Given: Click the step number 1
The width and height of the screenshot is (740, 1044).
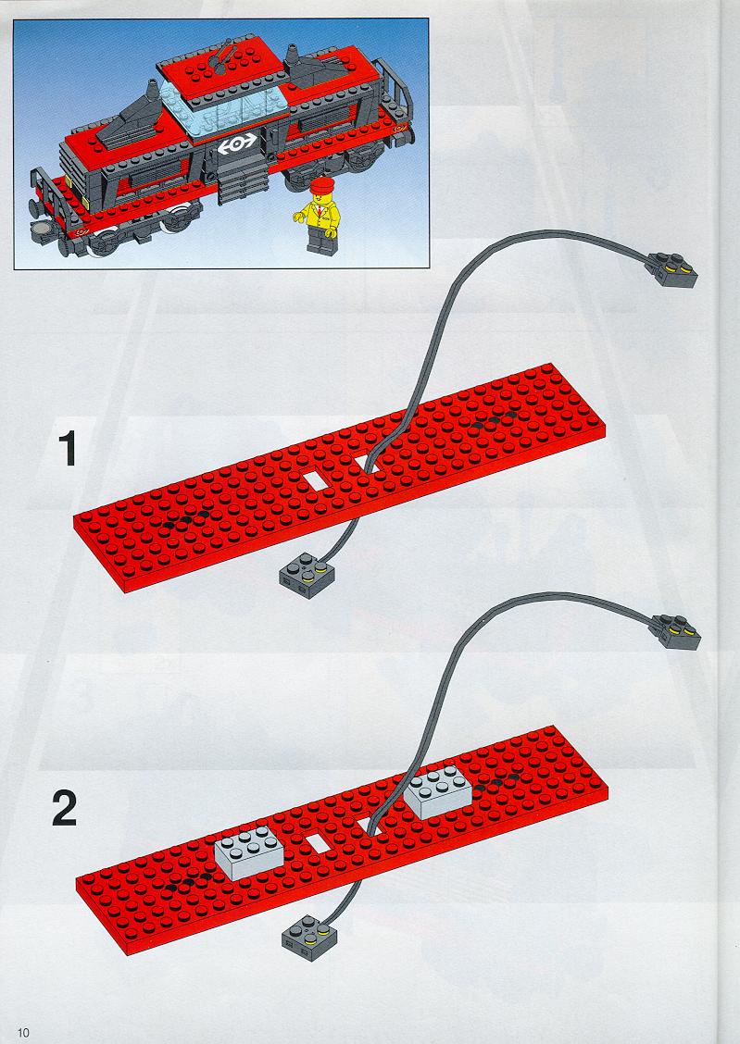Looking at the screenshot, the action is (x=68, y=449).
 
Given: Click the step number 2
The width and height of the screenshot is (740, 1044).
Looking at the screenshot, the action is (x=65, y=808).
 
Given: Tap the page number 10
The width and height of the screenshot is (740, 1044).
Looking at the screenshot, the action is (x=24, y=1033).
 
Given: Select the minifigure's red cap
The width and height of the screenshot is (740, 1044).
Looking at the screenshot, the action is (x=321, y=185).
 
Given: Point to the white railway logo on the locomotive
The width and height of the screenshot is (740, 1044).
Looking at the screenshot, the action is (x=236, y=143).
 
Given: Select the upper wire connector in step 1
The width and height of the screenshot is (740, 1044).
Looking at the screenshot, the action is (x=670, y=269).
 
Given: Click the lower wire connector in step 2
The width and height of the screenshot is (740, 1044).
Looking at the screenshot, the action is (x=308, y=938).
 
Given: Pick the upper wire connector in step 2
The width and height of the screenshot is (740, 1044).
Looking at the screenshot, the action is (x=674, y=631).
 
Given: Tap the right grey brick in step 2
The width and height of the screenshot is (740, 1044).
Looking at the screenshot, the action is (x=440, y=794).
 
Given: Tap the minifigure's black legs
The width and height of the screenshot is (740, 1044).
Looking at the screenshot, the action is (x=320, y=241).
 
